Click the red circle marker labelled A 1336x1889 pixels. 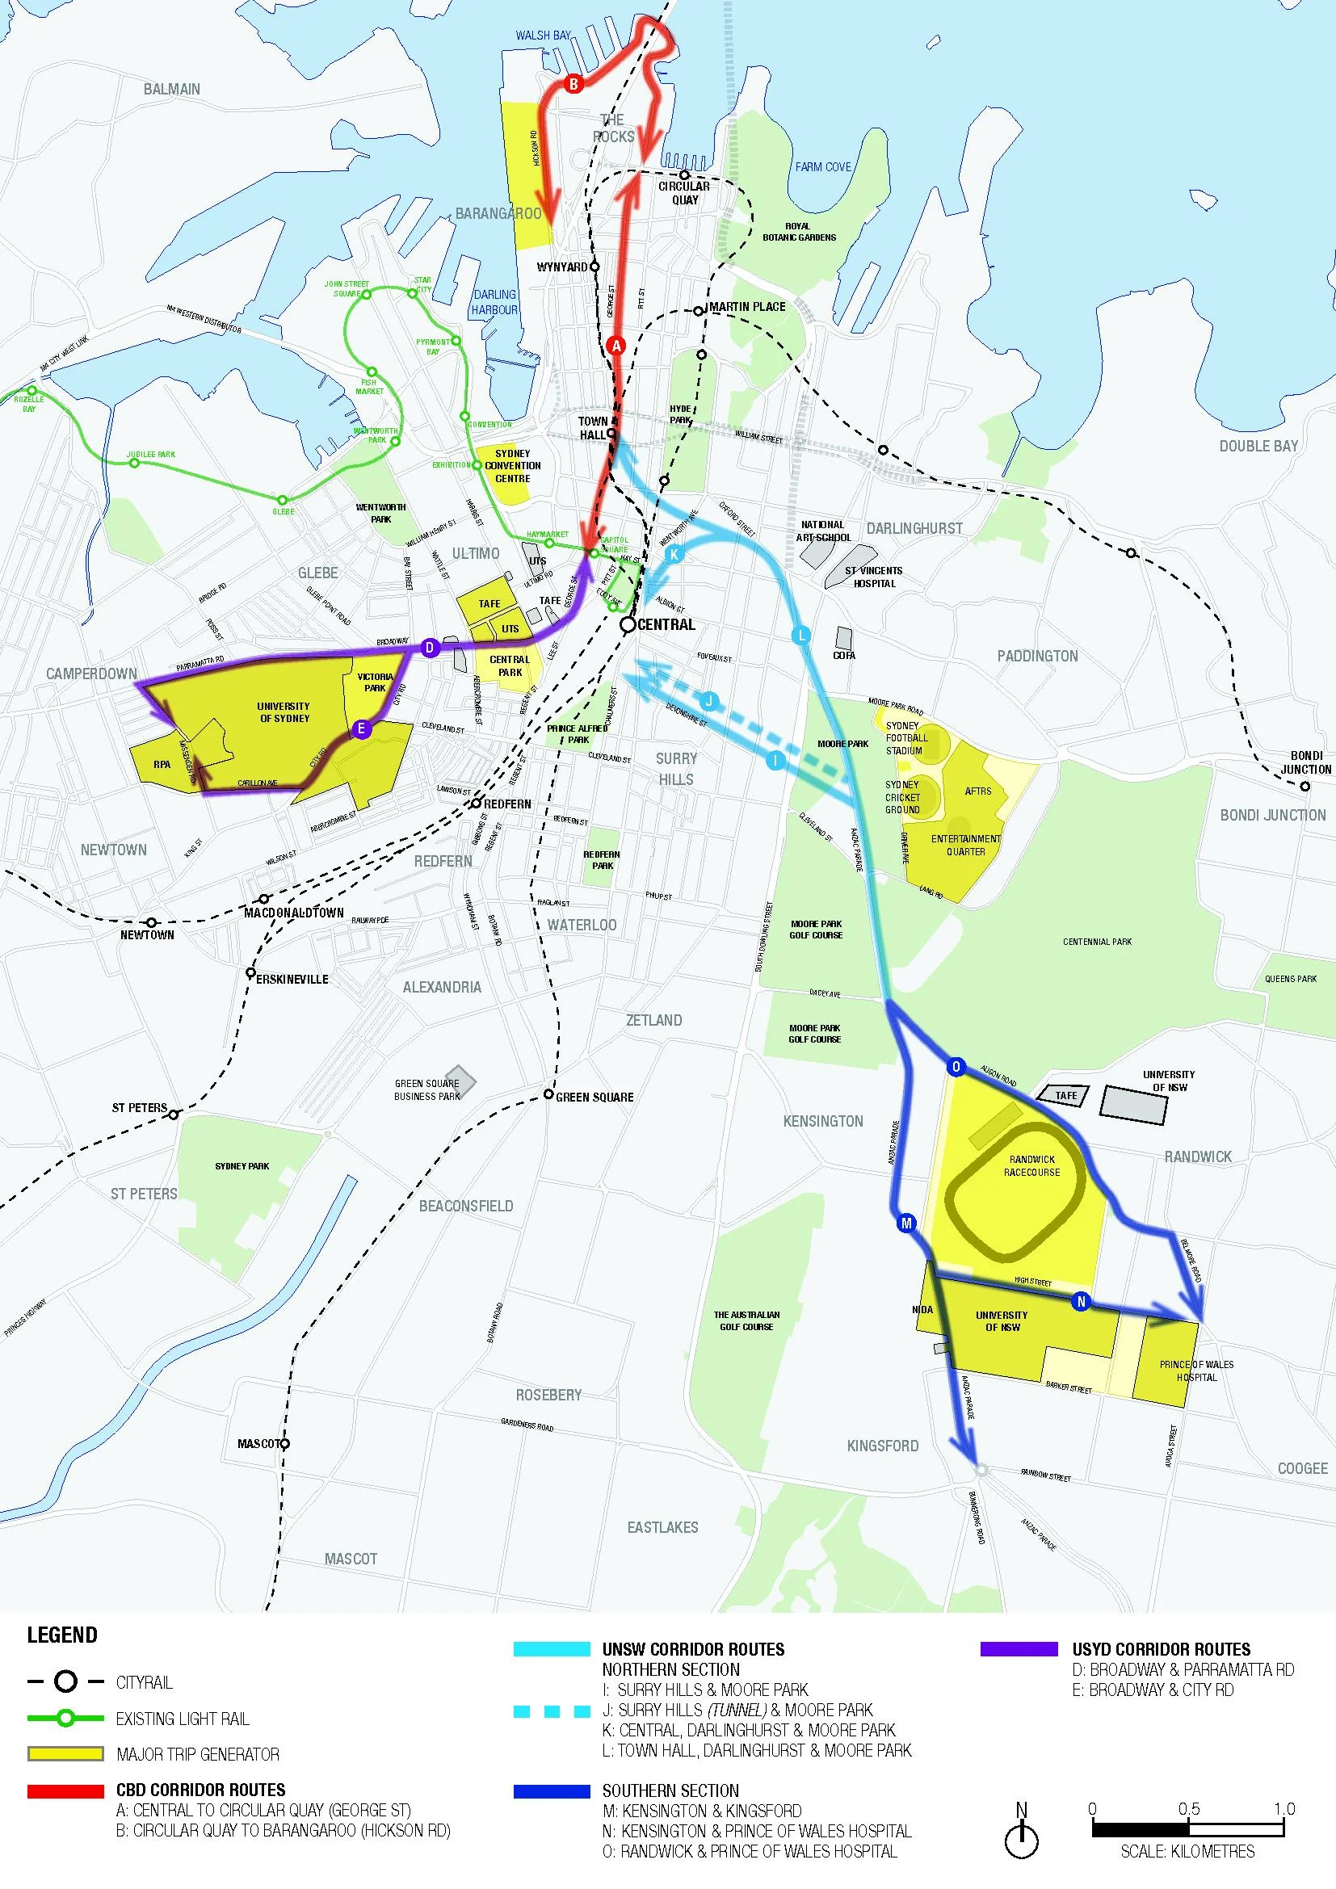tap(617, 346)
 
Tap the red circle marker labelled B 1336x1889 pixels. tap(573, 84)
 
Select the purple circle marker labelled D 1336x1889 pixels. tap(429, 649)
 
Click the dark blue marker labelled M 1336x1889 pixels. tap(906, 1224)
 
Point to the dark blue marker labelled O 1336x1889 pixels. tap(955, 1067)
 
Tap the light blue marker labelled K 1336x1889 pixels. tap(674, 555)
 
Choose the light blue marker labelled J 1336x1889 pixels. tap(709, 702)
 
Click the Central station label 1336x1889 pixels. tap(666, 625)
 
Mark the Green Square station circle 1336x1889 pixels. tap(548, 1094)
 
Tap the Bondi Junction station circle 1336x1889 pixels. tap(1305, 787)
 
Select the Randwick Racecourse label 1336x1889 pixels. tap(1031, 1166)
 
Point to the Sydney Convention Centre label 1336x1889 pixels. tap(513, 466)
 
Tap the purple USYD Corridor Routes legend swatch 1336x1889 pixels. tap(1019, 1650)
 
